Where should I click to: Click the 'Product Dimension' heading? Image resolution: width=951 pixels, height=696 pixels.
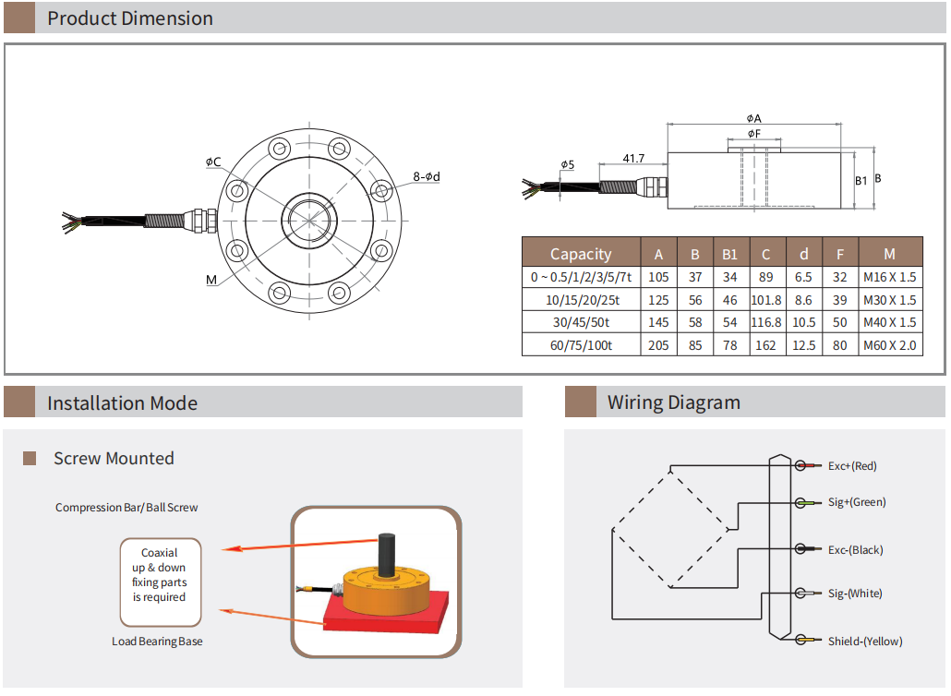pyautogui.click(x=129, y=18)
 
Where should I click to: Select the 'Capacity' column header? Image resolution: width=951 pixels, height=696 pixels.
pyautogui.click(x=581, y=254)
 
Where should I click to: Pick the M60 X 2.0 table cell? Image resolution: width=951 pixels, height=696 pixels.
pyautogui.click(x=890, y=345)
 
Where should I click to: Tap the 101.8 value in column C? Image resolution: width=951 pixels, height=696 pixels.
pyautogui.click(x=765, y=300)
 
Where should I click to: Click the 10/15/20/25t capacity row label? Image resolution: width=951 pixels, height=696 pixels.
pyautogui.click(x=581, y=300)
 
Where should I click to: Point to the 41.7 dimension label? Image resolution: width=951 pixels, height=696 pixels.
pyautogui.click(x=633, y=159)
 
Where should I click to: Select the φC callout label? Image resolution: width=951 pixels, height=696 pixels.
pyautogui.click(x=213, y=162)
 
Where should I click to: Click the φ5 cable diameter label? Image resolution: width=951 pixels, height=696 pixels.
pyautogui.click(x=567, y=164)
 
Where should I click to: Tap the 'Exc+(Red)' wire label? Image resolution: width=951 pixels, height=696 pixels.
pyautogui.click(x=852, y=466)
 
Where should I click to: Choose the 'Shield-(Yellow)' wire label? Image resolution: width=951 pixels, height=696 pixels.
pyautogui.click(x=864, y=642)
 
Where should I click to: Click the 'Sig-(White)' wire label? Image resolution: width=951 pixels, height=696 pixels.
pyautogui.click(x=854, y=594)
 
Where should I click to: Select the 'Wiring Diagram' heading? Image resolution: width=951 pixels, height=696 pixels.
pyautogui.click(x=673, y=402)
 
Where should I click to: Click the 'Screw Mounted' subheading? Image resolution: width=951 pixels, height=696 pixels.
pyautogui.click(x=114, y=459)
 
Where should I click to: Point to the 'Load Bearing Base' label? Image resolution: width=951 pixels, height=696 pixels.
pyautogui.click(x=157, y=642)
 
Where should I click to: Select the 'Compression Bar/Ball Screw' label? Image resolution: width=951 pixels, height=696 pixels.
pyautogui.click(x=126, y=508)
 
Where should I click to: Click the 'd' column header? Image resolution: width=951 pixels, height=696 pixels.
pyautogui.click(x=803, y=254)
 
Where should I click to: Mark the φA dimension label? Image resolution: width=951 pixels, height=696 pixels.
pyautogui.click(x=753, y=118)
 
